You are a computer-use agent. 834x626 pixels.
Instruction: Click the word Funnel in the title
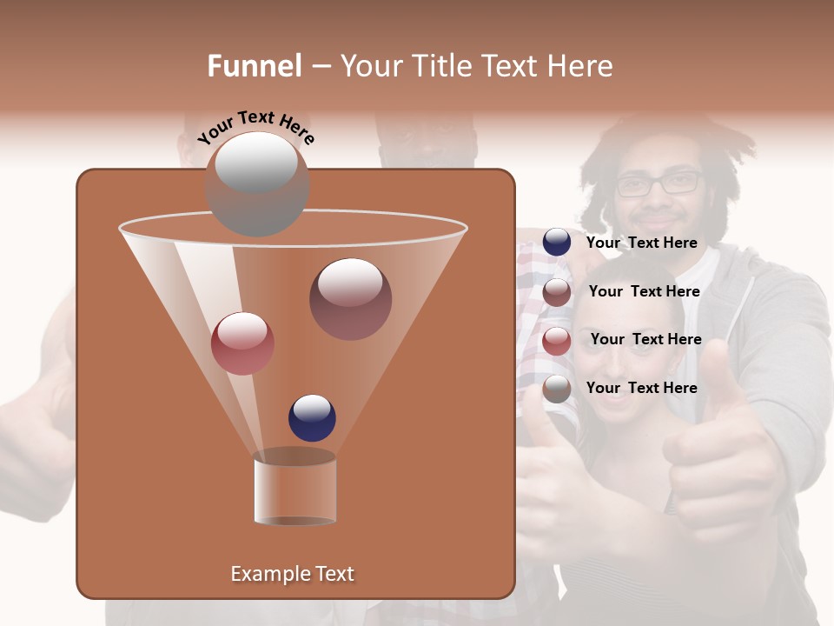255,66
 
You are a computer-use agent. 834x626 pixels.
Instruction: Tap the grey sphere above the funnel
257,183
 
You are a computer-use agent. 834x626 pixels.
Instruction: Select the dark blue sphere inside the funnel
312,418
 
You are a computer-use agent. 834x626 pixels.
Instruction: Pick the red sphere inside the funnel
242,343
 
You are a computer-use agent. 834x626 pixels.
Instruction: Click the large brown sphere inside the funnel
350,298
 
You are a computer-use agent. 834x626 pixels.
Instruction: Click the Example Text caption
293,574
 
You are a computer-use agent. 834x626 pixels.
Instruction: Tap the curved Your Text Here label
256,126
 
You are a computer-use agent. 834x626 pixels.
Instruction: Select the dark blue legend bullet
557,243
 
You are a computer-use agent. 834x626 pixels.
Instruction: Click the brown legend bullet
557,292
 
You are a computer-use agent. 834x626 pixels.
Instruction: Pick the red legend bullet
557,341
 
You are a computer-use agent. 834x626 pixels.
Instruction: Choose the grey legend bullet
557,389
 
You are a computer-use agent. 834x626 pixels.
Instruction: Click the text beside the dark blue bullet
641,243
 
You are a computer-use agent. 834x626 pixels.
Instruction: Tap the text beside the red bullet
645,340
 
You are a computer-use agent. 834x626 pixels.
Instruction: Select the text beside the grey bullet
641,388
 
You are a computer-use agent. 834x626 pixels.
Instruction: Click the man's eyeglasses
659,183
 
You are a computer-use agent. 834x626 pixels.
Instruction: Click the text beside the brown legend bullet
644,292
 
